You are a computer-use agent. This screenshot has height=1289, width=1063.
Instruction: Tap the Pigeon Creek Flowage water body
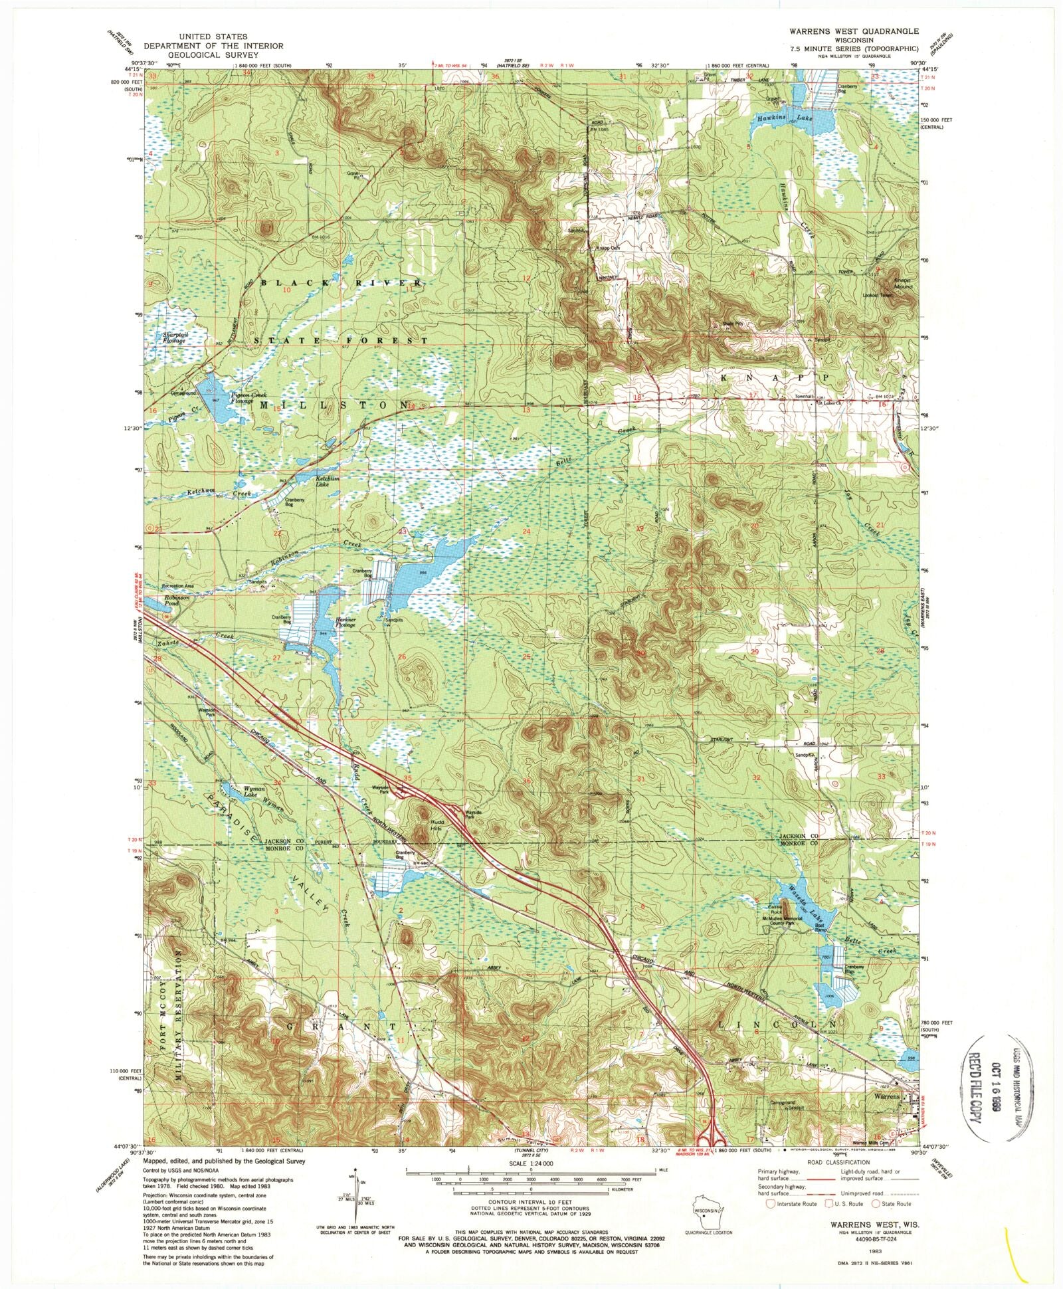(214, 397)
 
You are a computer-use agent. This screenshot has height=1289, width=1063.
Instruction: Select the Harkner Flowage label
(345, 623)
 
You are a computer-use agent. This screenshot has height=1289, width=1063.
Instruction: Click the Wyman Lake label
(234, 791)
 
